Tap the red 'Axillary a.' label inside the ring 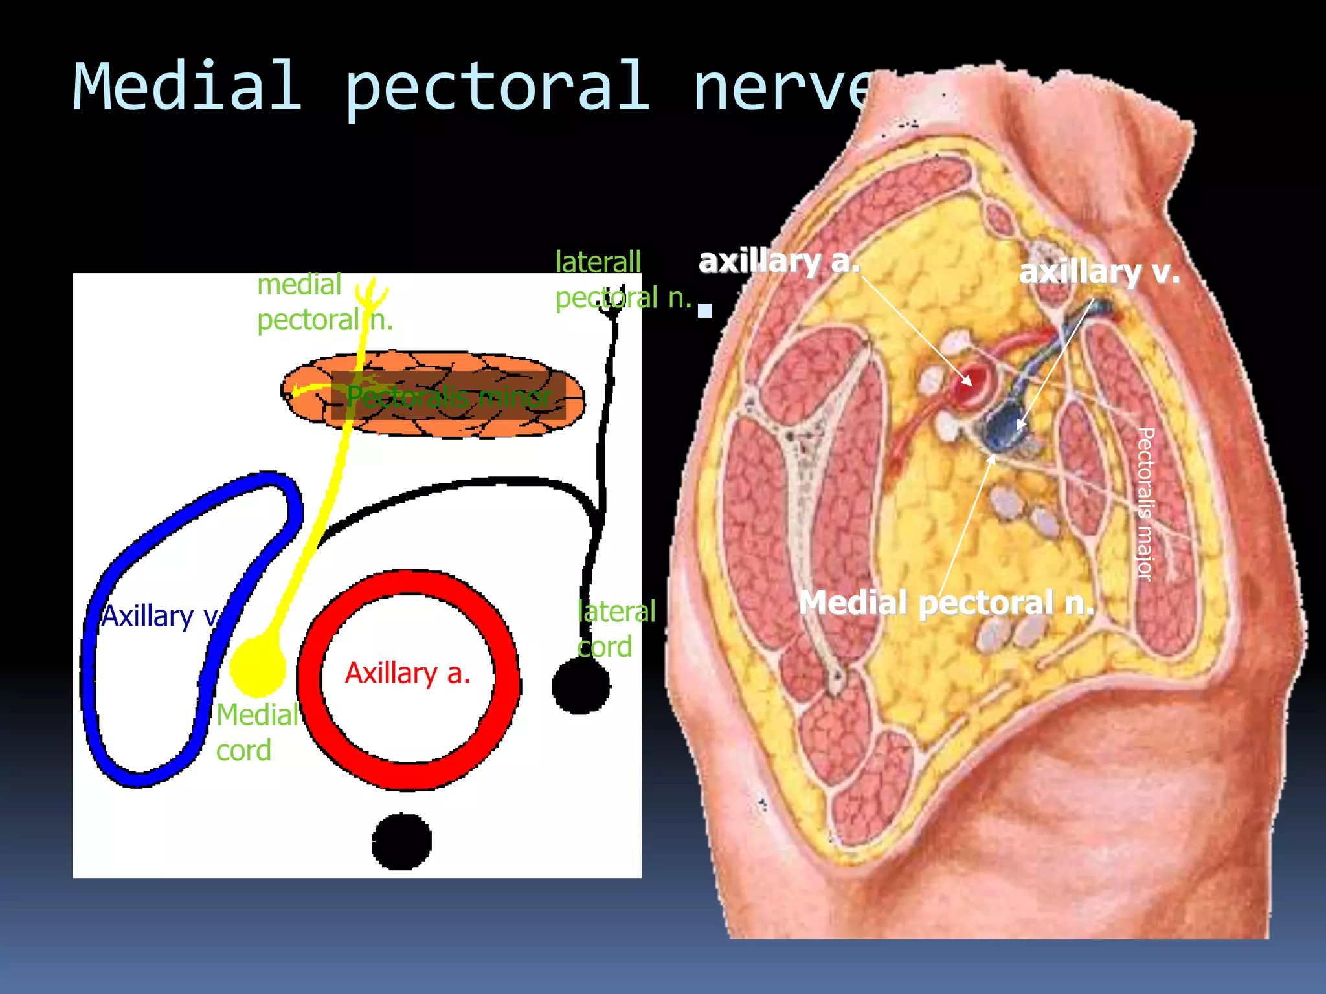pos(408,674)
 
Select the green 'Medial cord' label pos(256,733)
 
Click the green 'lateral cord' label pos(615,629)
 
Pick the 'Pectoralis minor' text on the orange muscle pos(449,397)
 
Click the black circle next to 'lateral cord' pos(581,686)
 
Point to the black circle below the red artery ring pos(402,841)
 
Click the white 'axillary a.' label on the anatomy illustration pos(779,261)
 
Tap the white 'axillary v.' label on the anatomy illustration pos(1099,272)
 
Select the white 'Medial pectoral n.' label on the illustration pos(946,603)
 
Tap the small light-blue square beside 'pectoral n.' pos(705,310)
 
